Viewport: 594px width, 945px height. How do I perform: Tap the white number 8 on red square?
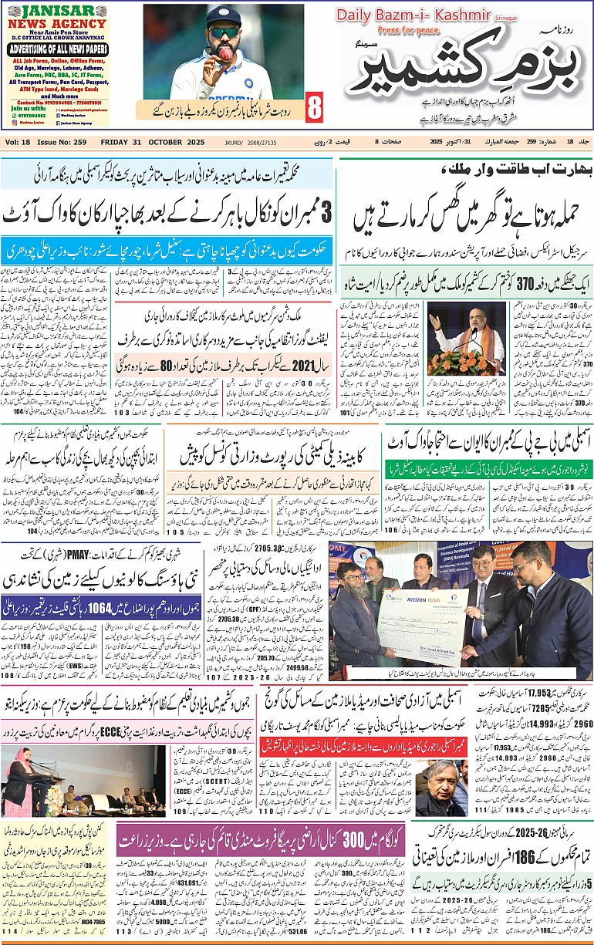[314, 109]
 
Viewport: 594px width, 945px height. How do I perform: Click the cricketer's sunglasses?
[224, 33]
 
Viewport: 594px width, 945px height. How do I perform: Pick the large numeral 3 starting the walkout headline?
[326, 211]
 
